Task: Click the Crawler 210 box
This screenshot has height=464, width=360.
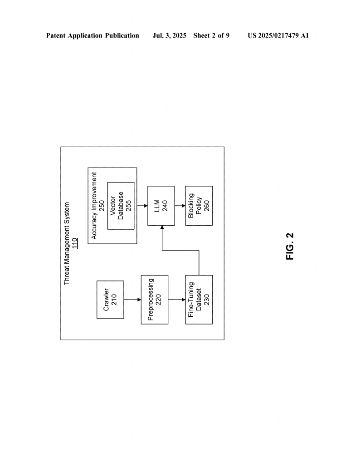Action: tap(110, 300)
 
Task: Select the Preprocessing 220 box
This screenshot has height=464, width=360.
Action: tap(155, 300)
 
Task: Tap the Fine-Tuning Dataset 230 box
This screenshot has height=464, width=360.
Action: tap(199, 300)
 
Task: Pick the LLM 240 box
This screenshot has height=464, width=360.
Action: tap(161, 206)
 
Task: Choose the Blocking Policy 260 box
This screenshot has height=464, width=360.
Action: tap(199, 206)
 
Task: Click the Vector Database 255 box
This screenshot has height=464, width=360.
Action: tap(121, 206)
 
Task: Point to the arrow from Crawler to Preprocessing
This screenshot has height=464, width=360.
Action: tap(132, 300)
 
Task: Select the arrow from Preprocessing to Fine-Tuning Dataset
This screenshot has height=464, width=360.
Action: tap(177, 300)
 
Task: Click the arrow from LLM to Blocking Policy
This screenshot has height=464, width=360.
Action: tap(180, 206)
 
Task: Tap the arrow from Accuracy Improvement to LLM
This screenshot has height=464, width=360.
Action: tap(142, 206)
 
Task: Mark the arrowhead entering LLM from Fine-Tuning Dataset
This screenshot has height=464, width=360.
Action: tap(162, 227)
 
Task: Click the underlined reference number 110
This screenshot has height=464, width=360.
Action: tap(74, 243)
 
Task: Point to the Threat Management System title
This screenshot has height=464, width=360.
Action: tap(67, 243)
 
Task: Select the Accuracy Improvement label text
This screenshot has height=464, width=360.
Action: tap(94, 206)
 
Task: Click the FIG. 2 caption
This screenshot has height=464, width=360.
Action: tap(290, 246)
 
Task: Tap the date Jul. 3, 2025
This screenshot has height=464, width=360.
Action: tap(169, 35)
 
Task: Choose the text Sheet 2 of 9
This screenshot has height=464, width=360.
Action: tap(211, 35)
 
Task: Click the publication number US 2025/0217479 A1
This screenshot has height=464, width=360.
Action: tap(278, 35)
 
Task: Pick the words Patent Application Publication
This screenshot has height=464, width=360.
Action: tap(92, 35)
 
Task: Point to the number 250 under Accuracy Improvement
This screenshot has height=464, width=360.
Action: tap(102, 206)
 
